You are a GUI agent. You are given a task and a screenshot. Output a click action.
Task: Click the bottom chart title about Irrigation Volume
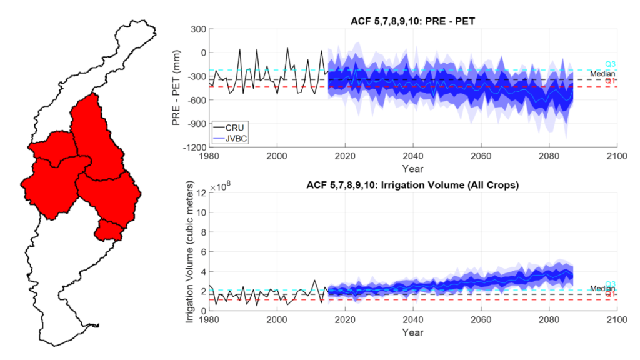412,185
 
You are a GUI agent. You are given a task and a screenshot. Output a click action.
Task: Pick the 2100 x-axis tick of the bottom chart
616,319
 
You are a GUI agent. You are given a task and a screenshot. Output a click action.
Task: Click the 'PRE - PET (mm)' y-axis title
177,88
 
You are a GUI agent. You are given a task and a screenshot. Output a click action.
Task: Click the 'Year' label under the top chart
412,168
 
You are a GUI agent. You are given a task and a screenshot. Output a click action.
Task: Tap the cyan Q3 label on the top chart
611,64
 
